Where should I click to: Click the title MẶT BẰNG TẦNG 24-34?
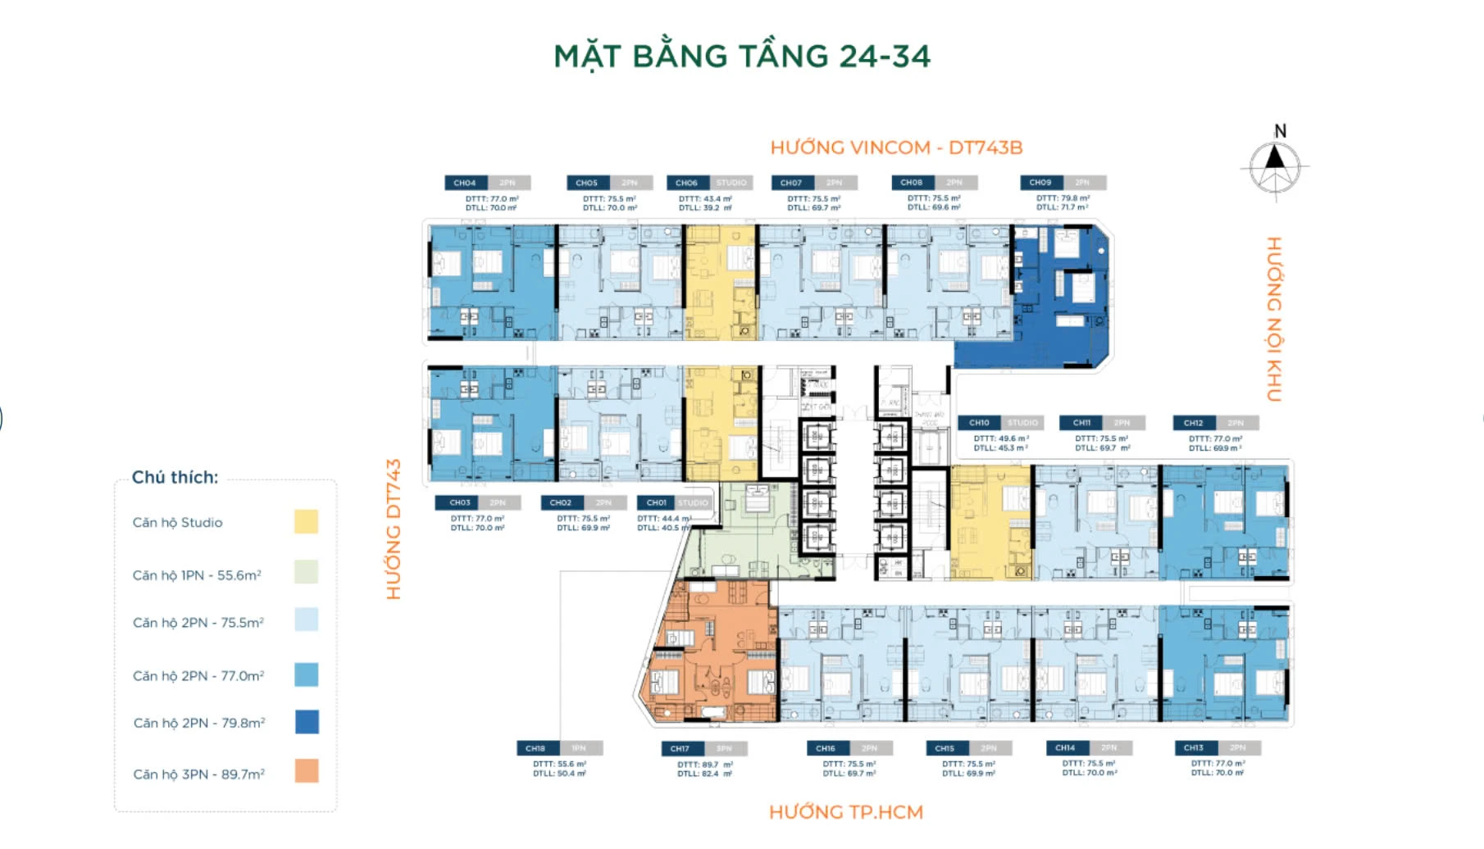tap(742, 56)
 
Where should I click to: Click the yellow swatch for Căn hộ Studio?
tap(306, 522)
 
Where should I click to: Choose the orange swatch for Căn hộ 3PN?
tap(306, 771)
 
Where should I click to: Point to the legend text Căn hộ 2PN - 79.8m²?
tap(199, 723)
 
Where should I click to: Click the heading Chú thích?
tap(175, 477)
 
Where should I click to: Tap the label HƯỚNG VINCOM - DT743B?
tap(896, 148)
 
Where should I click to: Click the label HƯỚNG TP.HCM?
tap(845, 812)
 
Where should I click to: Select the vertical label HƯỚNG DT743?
tap(394, 529)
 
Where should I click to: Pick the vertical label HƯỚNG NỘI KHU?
tap(1273, 319)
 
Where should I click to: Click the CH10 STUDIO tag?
tap(1001, 423)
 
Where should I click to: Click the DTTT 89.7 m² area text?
tap(704, 765)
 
